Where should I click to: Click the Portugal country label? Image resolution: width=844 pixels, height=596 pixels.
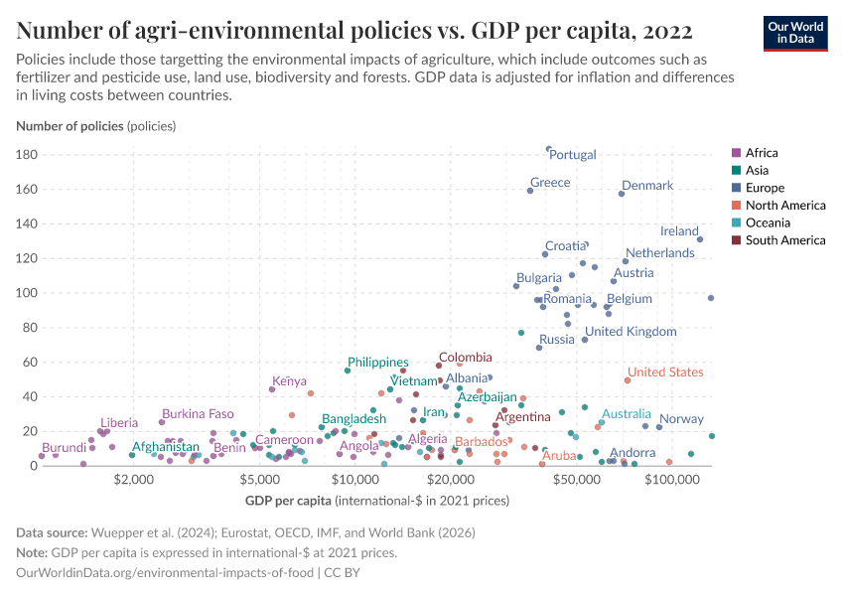click(x=573, y=155)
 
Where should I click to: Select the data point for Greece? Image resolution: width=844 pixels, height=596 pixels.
click(x=530, y=190)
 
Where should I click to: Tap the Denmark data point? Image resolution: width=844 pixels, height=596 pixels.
click(x=622, y=193)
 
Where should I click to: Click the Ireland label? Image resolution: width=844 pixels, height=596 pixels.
click(x=679, y=231)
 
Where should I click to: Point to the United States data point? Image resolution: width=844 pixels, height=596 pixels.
click(x=628, y=380)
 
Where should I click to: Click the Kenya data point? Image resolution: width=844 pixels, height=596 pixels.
click(x=272, y=389)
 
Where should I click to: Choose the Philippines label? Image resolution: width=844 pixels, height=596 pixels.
click(x=378, y=363)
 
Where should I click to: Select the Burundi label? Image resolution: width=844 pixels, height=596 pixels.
click(x=64, y=448)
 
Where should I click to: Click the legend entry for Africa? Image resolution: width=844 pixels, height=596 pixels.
click(x=761, y=153)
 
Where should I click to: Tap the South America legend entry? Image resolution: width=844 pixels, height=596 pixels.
click(x=784, y=240)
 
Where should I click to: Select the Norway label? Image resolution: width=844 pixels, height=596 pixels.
click(x=681, y=419)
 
